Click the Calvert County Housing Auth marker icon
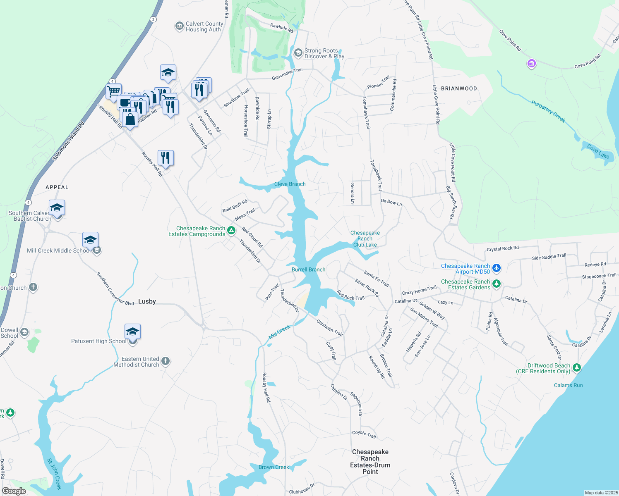point(179,26)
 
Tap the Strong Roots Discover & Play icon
point(298,53)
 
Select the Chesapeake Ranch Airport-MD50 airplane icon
point(497,268)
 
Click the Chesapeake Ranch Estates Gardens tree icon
point(497,284)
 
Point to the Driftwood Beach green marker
point(577,367)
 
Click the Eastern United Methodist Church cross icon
point(165,361)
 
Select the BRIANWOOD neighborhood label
point(459,88)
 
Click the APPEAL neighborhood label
point(57,187)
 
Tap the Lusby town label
point(147,301)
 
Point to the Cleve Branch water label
point(290,184)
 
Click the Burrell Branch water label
point(309,269)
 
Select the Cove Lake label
point(598,152)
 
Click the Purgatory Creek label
point(548,111)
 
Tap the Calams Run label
point(568,385)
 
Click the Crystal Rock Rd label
point(502,249)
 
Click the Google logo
point(14,491)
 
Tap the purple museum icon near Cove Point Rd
point(532,64)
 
